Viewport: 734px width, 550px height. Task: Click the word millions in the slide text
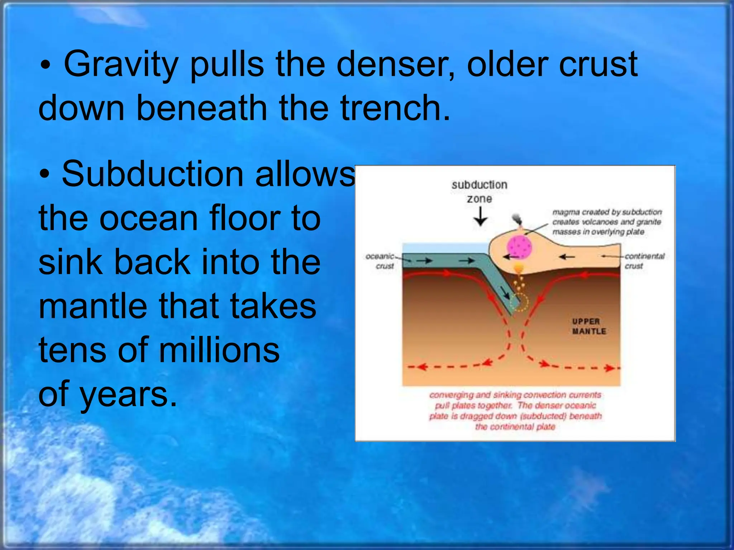click(219, 350)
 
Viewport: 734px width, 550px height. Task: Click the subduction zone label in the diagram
click(479, 192)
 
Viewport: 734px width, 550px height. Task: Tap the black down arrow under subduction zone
click(480, 217)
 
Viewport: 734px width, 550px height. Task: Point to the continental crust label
click(644, 261)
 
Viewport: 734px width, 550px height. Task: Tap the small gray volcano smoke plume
click(516, 218)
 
